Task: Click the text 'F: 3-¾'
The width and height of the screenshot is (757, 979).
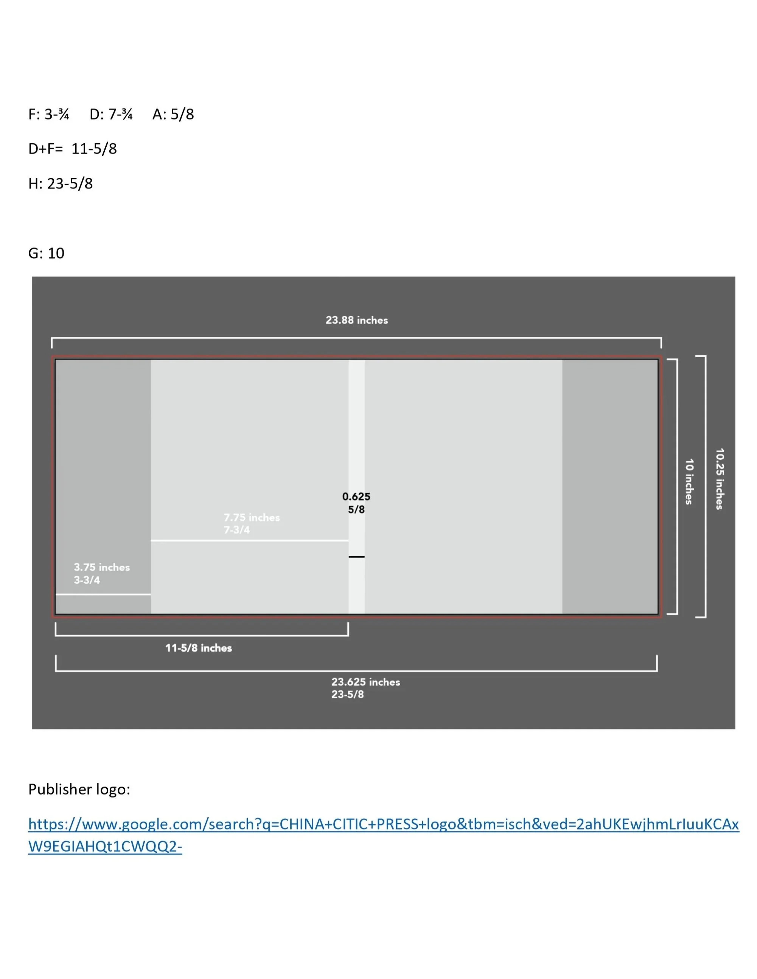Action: coord(48,114)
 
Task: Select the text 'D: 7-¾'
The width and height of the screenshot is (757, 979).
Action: coord(111,114)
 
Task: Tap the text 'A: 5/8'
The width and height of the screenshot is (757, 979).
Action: coord(173,114)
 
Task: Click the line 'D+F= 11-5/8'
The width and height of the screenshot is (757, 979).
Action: coord(72,149)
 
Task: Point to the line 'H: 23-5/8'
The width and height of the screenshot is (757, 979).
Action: coord(60,184)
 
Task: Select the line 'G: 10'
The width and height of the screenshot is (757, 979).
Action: coord(46,253)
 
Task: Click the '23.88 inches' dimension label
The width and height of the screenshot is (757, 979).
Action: coord(356,320)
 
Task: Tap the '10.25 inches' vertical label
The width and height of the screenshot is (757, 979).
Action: coord(719,479)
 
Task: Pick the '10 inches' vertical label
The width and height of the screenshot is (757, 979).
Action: coord(689,481)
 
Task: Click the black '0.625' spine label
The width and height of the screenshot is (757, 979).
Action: coord(356,496)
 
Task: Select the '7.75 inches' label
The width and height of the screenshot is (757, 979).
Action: coord(252,517)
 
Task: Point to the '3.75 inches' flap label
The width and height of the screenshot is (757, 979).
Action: coord(102,567)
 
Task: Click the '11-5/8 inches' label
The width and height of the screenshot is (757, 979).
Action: coord(199,648)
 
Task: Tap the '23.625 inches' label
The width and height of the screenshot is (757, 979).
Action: coord(365,682)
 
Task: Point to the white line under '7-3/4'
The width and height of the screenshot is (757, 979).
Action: coord(249,541)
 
